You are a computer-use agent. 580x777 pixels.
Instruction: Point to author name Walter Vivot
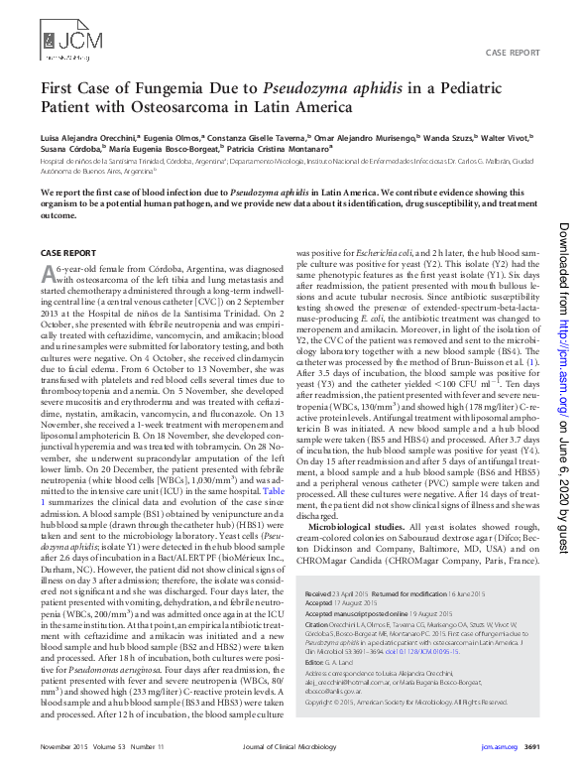click(x=507, y=138)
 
